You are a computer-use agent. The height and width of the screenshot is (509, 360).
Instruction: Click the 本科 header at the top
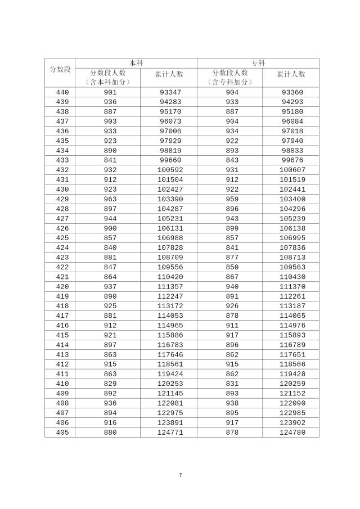(x=136, y=63)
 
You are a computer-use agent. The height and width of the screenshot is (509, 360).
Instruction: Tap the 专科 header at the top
(x=258, y=63)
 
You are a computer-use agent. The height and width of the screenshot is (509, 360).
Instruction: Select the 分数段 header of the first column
(x=60, y=69)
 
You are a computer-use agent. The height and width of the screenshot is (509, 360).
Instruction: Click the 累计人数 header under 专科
(x=291, y=74)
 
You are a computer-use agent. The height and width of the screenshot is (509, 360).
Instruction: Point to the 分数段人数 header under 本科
(x=109, y=73)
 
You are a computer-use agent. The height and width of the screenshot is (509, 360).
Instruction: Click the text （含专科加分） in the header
(x=232, y=82)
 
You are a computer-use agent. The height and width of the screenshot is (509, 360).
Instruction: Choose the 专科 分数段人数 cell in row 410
(x=232, y=384)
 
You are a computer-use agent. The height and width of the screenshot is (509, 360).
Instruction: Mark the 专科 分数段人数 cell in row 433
(x=232, y=160)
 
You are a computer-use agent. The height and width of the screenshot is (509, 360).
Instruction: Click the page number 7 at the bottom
(x=180, y=475)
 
